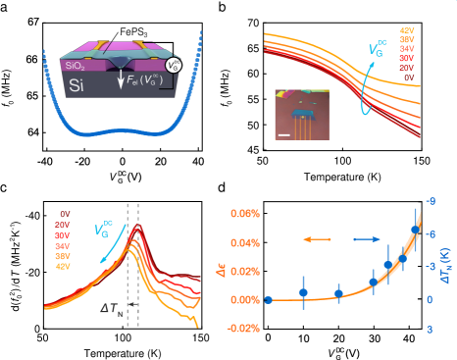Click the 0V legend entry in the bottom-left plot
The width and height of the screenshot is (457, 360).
click(64, 213)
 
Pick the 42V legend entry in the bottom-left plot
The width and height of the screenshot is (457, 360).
click(64, 266)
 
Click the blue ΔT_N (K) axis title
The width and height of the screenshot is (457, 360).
click(446, 265)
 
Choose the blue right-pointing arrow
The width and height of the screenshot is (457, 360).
click(367, 238)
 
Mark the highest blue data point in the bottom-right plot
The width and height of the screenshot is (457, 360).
click(415, 230)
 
